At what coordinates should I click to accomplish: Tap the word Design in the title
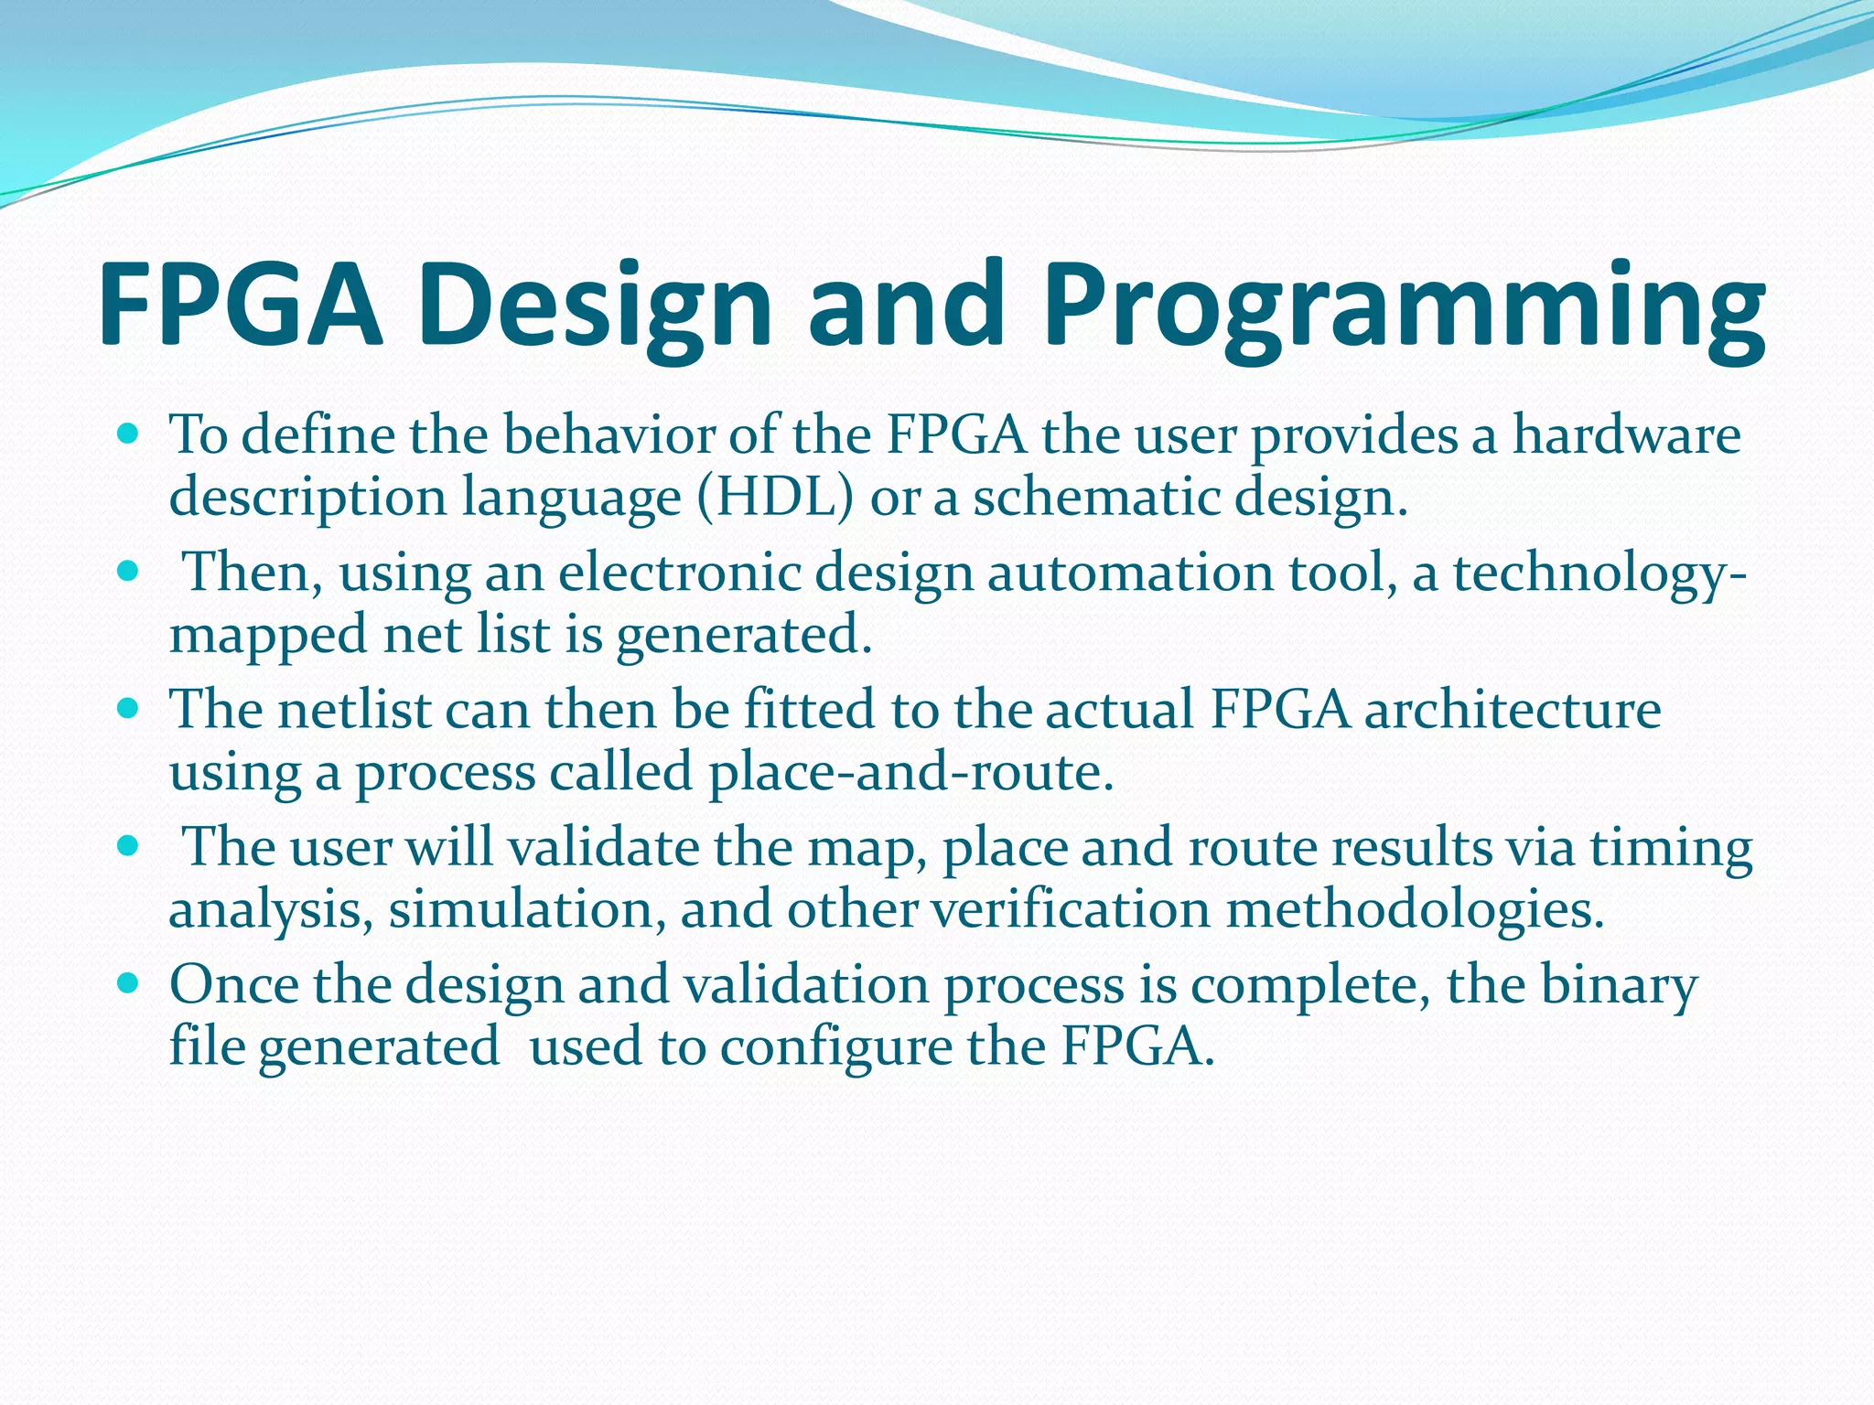[x=596, y=306]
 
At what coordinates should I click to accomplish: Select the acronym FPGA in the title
[x=240, y=306]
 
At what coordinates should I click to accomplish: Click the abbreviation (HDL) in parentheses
[x=775, y=498]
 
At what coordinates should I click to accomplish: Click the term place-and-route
[x=911, y=773]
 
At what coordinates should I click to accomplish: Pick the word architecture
[x=1513, y=710]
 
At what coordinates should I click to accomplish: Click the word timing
[x=1671, y=848]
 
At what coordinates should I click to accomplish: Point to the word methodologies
[x=1415, y=910]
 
